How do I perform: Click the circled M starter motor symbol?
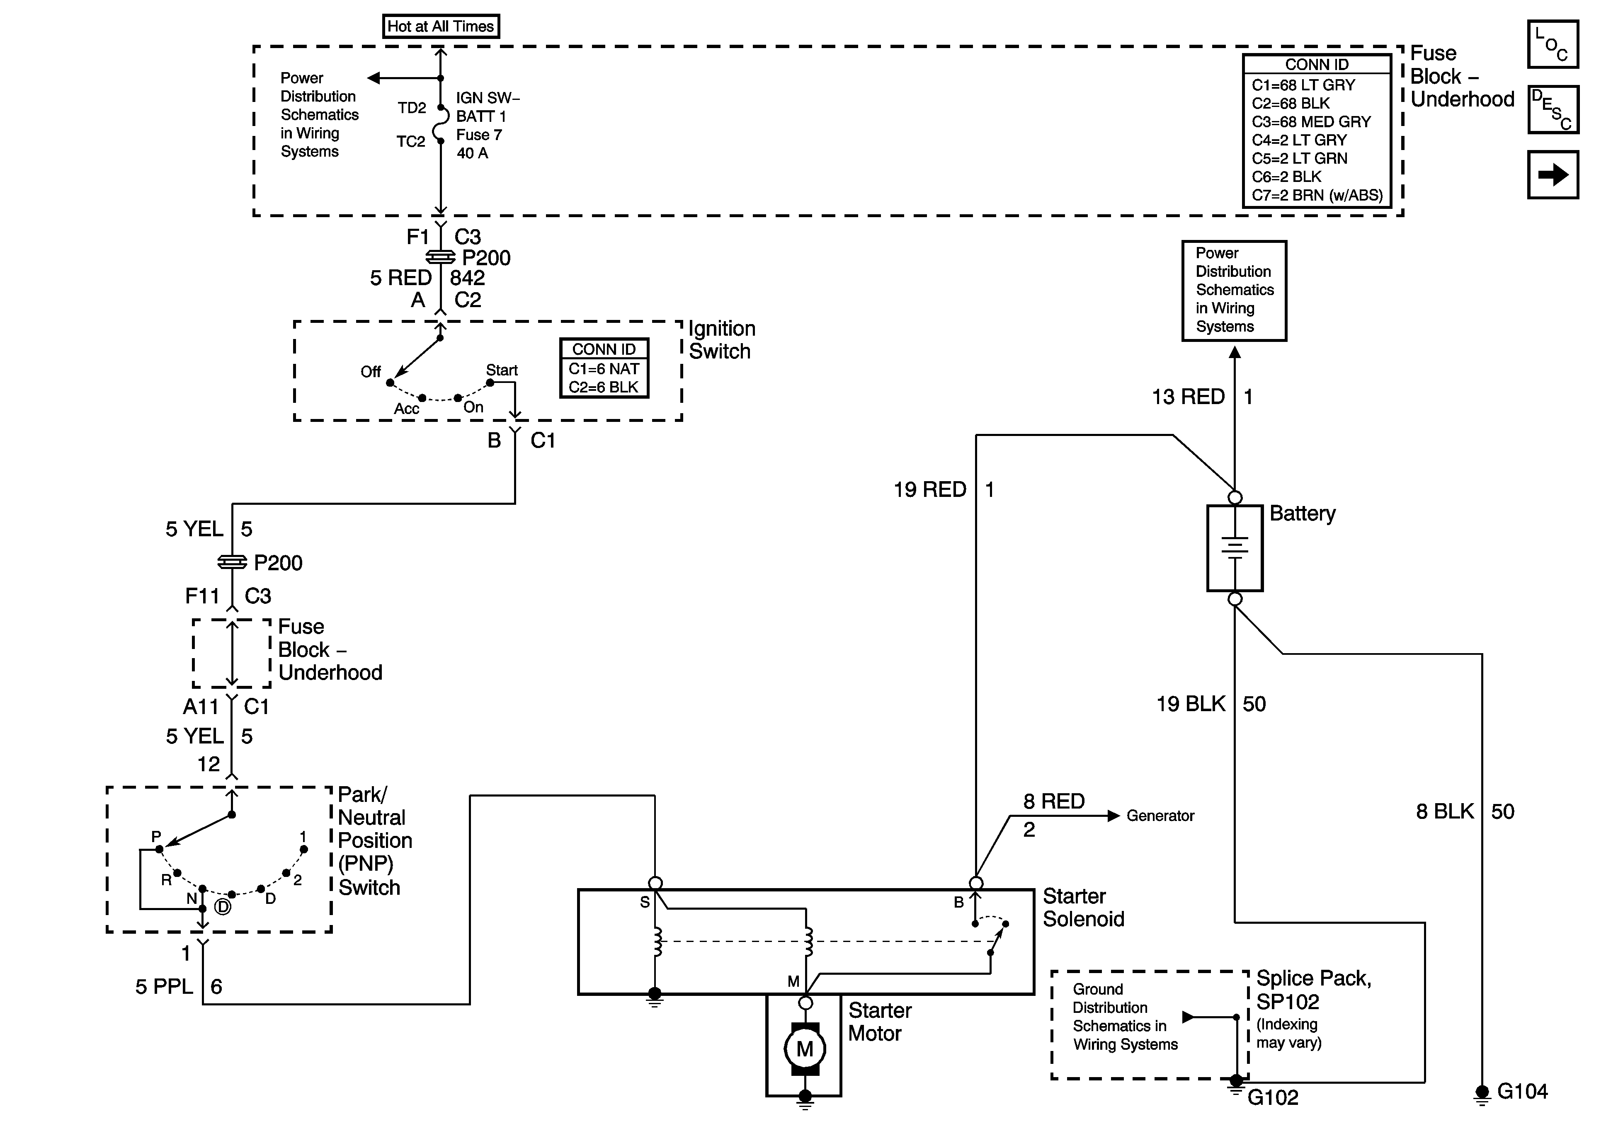pos(805,1049)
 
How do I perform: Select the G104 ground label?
pos(1522,1091)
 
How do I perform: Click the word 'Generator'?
pos(1160,816)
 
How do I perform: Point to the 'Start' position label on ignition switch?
pos(502,370)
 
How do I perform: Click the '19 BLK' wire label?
pos(1191,704)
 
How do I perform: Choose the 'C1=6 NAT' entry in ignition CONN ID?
pos(604,368)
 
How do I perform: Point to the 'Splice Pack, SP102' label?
pos(1313,990)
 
